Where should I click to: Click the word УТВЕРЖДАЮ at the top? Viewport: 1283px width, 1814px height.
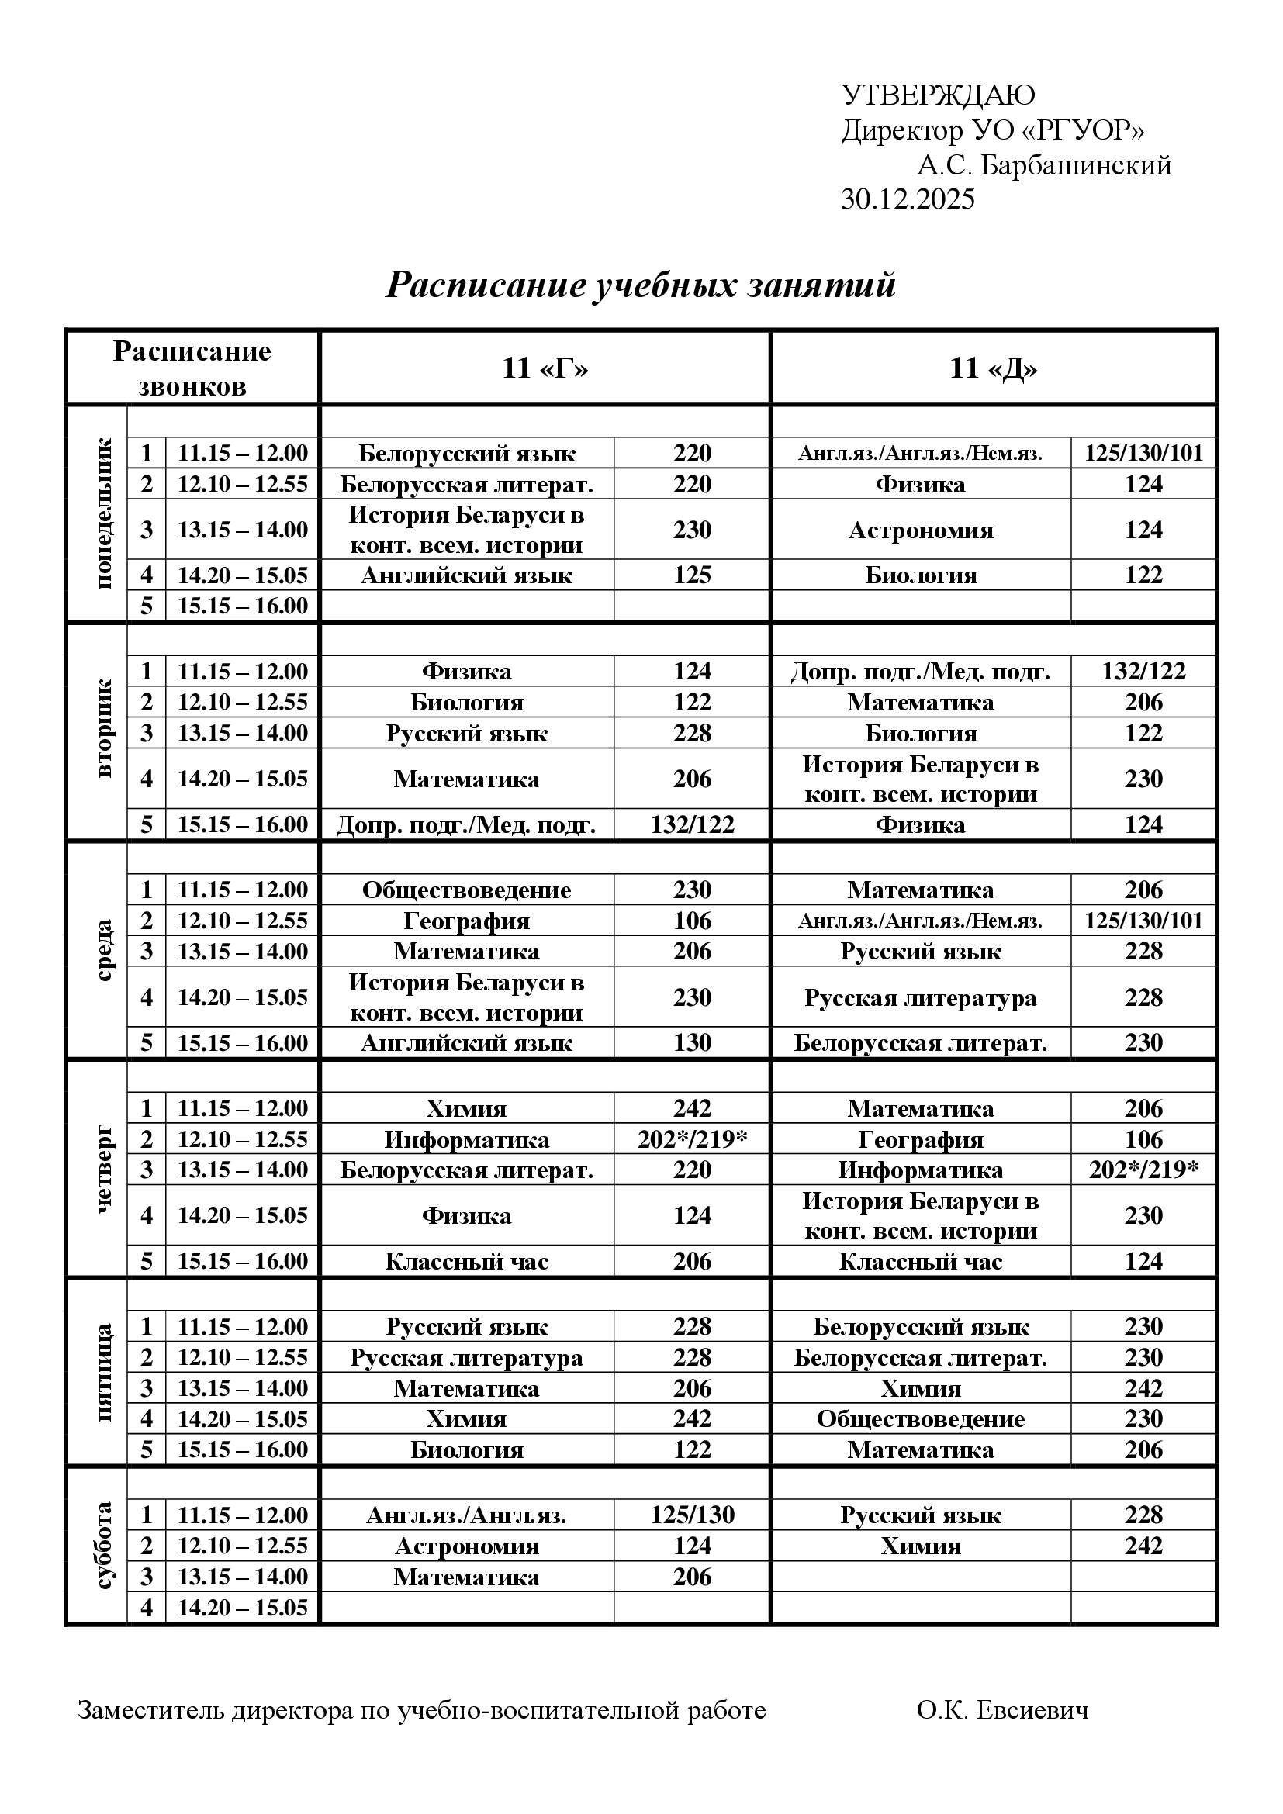(938, 95)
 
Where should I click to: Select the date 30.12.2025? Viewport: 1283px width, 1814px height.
(908, 200)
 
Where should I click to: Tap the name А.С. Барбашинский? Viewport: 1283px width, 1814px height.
(1043, 165)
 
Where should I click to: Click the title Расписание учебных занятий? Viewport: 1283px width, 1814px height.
(641, 285)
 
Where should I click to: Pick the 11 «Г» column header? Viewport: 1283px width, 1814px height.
(545, 368)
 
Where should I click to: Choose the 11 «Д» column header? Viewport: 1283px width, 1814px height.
(993, 368)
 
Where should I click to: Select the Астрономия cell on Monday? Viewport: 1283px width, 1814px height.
(922, 530)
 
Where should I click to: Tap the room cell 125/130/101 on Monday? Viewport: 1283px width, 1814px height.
(1143, 454)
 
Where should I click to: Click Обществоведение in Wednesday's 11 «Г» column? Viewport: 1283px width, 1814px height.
(467, 890)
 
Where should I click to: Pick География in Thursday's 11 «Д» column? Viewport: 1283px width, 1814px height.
(922, 1140)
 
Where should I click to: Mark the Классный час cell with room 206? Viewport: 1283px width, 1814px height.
(467, 1262)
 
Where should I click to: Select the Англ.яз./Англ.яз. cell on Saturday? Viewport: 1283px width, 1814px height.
(467, 1515)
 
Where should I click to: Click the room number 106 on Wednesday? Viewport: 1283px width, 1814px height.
(692, 921)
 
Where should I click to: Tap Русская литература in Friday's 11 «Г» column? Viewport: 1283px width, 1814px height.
(467, 1358)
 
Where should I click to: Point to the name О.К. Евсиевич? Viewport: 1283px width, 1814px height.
(1002, 1711)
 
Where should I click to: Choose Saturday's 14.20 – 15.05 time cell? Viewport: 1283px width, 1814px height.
(243, 1608)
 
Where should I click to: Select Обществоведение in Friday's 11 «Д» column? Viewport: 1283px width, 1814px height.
(922, 1420)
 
